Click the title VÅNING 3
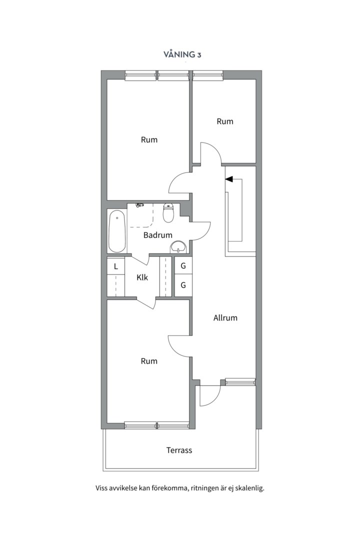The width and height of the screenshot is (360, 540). (182, 54)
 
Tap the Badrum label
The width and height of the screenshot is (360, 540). (158, 235)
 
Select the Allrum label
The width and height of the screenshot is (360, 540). (225, 318)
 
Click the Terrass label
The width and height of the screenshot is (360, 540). (179, 450)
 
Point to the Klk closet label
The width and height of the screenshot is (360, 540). (142, 277)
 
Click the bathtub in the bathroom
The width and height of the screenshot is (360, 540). (117, 231)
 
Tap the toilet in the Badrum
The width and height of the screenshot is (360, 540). (169, 212)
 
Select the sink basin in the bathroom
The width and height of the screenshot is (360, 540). (178, 247)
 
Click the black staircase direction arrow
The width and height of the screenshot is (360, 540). (229, 179)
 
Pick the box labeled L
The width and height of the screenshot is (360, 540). (116, 266)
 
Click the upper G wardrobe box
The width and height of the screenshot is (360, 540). (183, 266)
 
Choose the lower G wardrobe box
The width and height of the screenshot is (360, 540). (183, 285)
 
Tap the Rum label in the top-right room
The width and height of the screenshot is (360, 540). (225, 121)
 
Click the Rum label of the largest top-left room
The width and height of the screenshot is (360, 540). (149, 140)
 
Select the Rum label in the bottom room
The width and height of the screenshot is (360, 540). (149, 361)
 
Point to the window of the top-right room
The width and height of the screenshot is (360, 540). (207, 74)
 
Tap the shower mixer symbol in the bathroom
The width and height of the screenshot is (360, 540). (140, 205)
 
